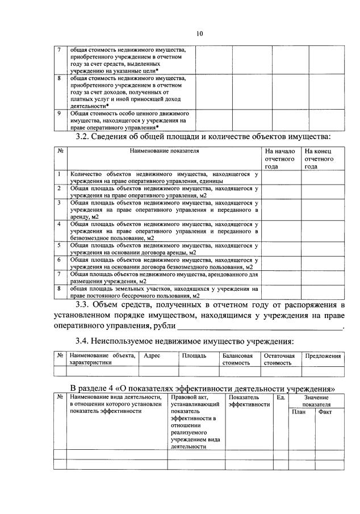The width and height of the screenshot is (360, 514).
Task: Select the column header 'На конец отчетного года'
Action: pyautogui.click(x=318, y=159)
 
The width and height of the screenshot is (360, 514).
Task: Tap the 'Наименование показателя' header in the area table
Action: pyautogui.click(x=165, y=152)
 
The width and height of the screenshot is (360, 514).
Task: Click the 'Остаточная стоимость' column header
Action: pyautogui.click(x=279, y=359)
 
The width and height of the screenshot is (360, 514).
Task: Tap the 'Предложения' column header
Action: pyautogui.click(x=323, y=356)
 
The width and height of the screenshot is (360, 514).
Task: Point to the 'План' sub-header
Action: pyautogui.click(x=299, y=412)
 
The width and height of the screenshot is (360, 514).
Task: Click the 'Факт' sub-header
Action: pyautogui.click(x=325, y=412)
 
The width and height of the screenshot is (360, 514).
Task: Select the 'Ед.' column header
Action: pyautogui.click(x=280, y=397)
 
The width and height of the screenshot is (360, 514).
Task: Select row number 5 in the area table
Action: pyautogui.click(x=60, y=245)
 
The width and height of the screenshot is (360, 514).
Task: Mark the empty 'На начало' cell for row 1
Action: pyautogui.click(x=281, y=177)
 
